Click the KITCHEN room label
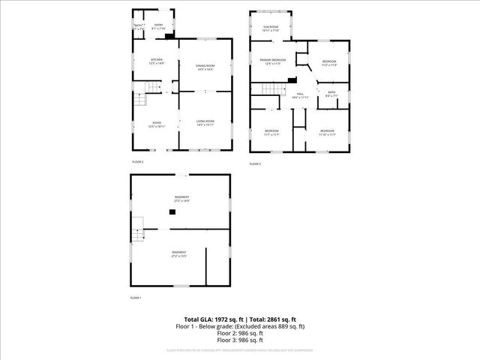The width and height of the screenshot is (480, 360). pyautogui.click(x=157, y=59)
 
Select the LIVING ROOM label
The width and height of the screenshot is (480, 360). pyautogui.click(x=205, y=121)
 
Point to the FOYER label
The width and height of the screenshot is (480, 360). pyautogui.click(x=157, y=122)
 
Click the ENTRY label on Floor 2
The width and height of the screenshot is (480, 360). pyautogui.click(x=158, y=25)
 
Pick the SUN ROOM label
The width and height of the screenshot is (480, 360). pyautogui.click(x=271, y=27)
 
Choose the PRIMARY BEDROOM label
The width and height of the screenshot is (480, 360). pyautogui.click(x=273, y=59)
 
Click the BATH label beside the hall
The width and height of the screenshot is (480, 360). pyautogui.click(x=331, y=93)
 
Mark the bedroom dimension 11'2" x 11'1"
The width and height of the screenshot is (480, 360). pyautogui.click(x=271, y=135)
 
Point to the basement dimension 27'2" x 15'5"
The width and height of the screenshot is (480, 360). pyautogui.click(x=178, y=256)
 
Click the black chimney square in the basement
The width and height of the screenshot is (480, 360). pyautogui.click(x=172, y=212)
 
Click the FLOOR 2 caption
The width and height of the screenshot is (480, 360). pyautogui.click(x=137, y=162)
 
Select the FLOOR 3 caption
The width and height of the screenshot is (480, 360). pyautogui.click(x=255, y=163)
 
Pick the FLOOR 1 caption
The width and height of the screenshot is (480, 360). pyautogui.click(x=136, y=298)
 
